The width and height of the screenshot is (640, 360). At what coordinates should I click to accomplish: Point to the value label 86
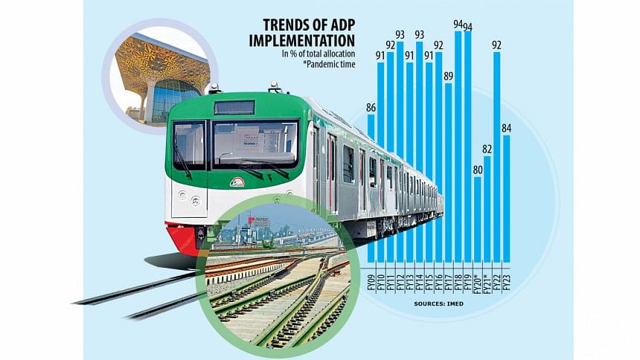click(371, 109)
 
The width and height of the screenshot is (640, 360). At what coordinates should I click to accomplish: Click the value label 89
click(448, 76)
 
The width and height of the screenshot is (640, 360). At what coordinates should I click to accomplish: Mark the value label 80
click(477, 170)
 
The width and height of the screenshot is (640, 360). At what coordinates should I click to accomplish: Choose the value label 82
click(487, 150)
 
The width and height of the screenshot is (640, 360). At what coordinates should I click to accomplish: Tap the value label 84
click(507, 129)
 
